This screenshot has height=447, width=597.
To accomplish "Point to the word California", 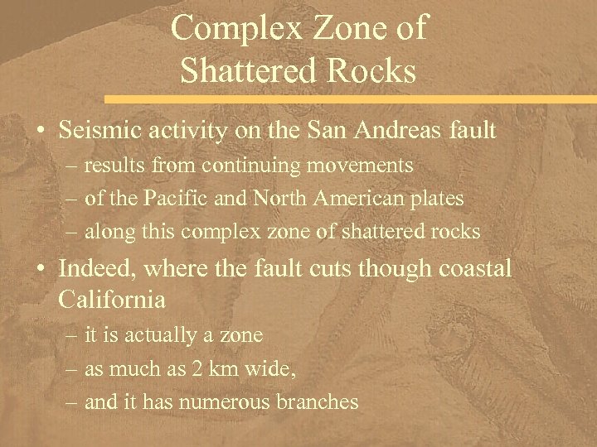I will coord(113,299).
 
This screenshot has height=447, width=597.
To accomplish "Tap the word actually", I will coord(157,335).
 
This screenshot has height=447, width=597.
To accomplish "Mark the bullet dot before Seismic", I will coord(40,131).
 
